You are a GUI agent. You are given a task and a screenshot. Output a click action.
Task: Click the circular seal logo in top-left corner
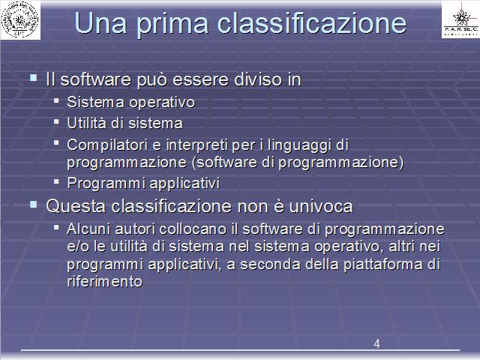coord(20,19)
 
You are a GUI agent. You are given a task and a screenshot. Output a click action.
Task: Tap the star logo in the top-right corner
coord(461,17)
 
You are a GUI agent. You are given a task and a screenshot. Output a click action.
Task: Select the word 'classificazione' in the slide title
coord(312,22)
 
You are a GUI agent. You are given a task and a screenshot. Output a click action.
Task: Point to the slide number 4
coord(376,343)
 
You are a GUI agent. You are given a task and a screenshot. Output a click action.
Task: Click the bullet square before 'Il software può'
coord(33,77)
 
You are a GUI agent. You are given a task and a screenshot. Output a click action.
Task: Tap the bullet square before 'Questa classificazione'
coord(33,204)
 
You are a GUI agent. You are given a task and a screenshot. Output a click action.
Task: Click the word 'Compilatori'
coord(107,145)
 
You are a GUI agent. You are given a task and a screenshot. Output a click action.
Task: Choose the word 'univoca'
coord(321,206)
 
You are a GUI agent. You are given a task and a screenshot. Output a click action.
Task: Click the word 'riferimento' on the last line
coord(105,282)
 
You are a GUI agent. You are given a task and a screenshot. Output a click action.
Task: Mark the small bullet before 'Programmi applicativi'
coord(56,181)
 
